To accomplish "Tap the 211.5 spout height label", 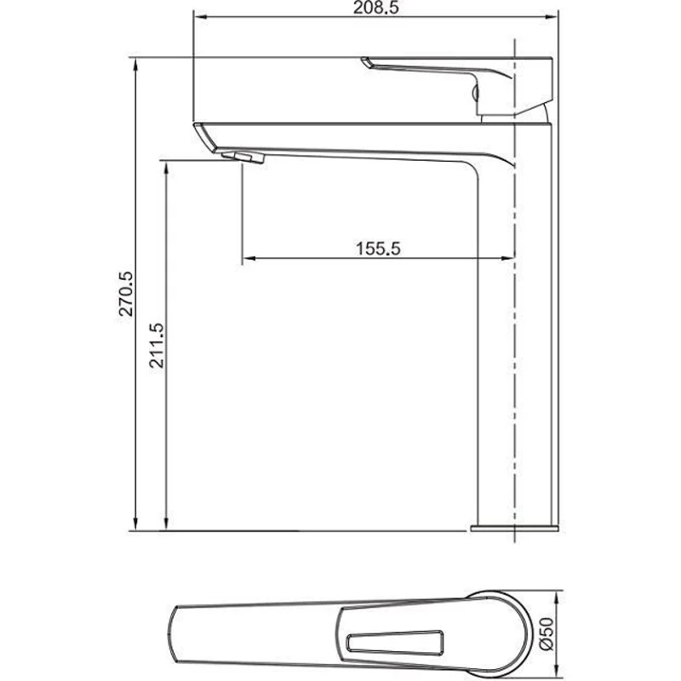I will (157, 344).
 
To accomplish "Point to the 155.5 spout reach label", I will (376, 249).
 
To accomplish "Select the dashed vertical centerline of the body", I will (518, 340).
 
